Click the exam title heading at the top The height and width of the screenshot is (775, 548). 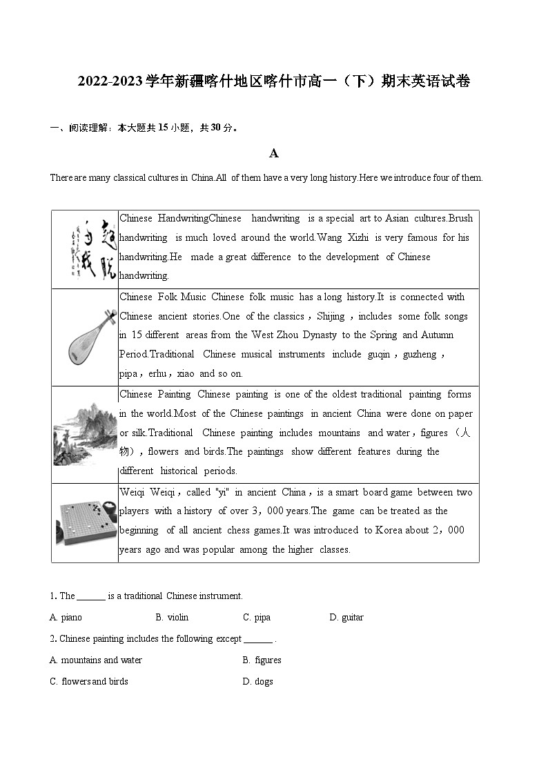274,81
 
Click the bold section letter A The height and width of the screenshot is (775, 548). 274,153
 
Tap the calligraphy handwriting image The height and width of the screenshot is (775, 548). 86,249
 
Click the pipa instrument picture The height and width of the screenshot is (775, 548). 85,337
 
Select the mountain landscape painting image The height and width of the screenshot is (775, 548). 85,434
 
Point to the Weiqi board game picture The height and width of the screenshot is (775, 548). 85,522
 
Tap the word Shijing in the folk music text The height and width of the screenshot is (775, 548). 331,316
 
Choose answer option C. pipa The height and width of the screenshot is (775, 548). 257,617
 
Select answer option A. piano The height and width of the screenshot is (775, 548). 66,617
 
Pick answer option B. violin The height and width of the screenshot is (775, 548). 172,617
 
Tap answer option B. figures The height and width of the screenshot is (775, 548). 262,660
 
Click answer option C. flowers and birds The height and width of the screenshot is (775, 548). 89,681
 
